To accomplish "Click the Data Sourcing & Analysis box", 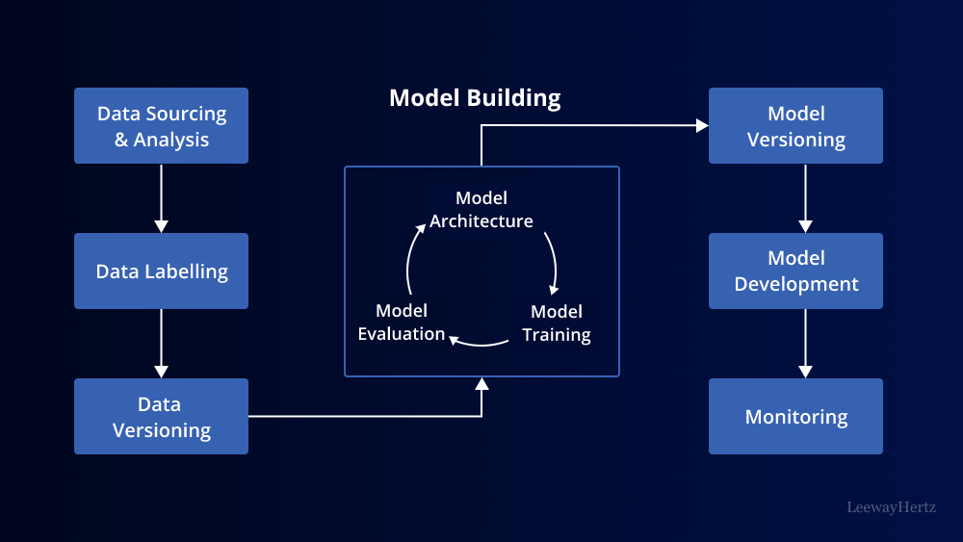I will pyautogui.click(x=161, y=126).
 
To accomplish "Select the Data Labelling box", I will pyautogui.click(x=161, y=271).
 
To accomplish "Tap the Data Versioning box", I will pyautogui.click(x=161, y=417).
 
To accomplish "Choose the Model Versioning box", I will pyautogui.click(x=795, y=126).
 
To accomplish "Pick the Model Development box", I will pyautogui.click(x=795, y=271).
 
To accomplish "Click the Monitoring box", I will pyautogui.click(x=795, y=417).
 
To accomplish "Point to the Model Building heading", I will pyautogui.click(x=475, y=97).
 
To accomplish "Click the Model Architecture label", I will pyautogui.click(x=481, y=210).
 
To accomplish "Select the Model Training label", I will pyautogui.click(x=556, y=323).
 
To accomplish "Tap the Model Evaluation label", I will pyautogui.click(x=402, y=323).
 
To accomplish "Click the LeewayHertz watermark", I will pyautogui.click(x=891, y=506).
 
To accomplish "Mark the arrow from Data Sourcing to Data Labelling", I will pyautogui.click(x=161, y=197).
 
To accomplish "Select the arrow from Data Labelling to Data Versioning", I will pyautogui.click(x=161, y=343).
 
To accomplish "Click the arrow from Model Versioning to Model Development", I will pyautogui.click(x=805, y=197).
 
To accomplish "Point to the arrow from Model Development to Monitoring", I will pyautogui.click(x=805, y=343).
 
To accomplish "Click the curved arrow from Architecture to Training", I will pyautogui.click(x=552, y=260).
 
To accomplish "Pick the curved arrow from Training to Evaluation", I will pyautogui.click(x=479, y=340).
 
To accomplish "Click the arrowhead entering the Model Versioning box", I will pyautogui.click(x=701, y=125).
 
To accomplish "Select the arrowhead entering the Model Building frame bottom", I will pyautogui.click(x=482, y=384).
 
